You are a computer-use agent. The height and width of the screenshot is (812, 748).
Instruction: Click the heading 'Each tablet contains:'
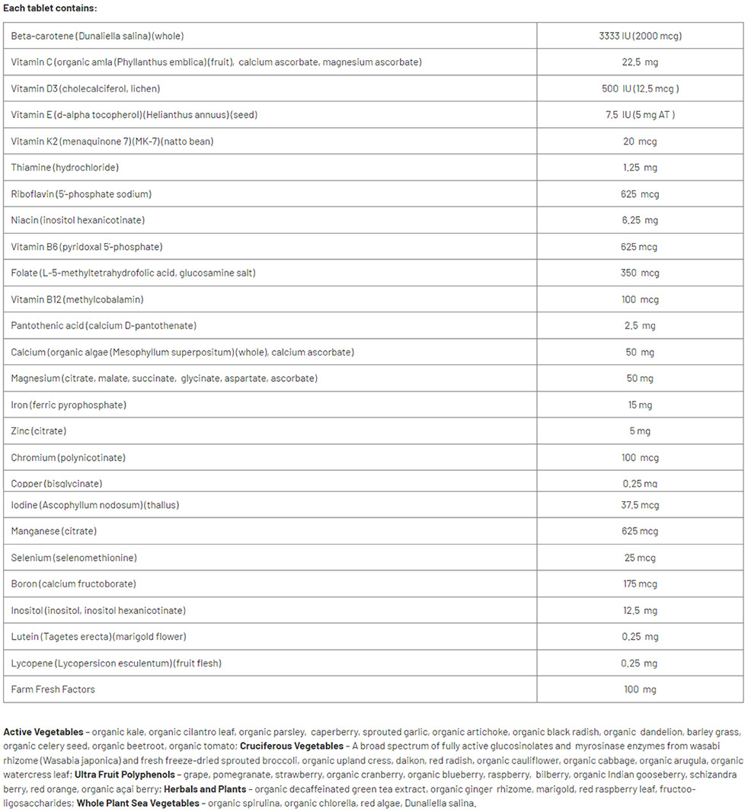pos(50,8)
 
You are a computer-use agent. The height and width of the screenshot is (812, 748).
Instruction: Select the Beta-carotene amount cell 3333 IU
pos(639,36)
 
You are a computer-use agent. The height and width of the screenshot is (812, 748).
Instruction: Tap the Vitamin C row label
pos(216,62)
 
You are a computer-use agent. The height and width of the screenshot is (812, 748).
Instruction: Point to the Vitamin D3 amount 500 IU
pos(639,88)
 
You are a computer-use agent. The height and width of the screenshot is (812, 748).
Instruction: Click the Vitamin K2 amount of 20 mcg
pos(639,141)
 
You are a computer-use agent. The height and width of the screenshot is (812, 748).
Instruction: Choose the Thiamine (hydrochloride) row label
pos(65,168)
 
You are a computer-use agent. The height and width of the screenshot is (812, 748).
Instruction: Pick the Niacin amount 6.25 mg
pos(639,220)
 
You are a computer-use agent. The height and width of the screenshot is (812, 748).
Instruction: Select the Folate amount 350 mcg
pos(639,273)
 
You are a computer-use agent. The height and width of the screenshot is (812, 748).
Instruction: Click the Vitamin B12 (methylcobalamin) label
pos(77,299)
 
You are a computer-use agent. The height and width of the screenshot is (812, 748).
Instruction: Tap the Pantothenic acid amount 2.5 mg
pos(639,326)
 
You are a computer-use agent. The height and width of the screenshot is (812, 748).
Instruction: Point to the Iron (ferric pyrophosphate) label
pos(69,404)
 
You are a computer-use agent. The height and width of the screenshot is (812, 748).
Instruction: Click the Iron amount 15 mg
pos(639,404)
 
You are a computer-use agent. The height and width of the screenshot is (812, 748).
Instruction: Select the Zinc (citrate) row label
pos(39,431)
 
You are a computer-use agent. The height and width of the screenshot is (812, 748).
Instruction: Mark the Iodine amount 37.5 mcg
pos(639,505)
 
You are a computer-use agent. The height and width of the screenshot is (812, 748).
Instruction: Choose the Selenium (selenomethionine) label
pos(74,558)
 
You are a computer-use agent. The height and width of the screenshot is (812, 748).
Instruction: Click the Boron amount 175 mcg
pos(639,584)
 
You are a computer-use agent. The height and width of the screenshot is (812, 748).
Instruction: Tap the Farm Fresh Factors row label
pos(53,689)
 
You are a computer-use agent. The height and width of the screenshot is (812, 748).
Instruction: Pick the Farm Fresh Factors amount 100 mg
pos(639,689)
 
